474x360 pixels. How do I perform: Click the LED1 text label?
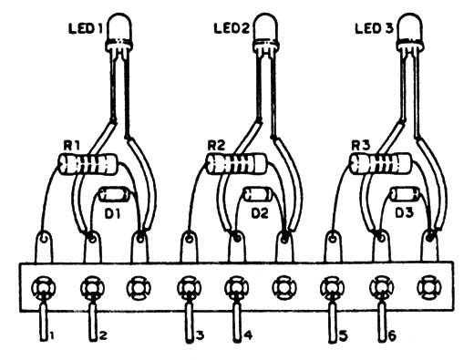(x=85, y=29)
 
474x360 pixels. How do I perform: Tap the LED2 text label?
(x=232, y=28)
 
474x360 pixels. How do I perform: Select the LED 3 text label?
(x=374, y=29)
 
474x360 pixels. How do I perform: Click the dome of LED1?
(x=119, y=26)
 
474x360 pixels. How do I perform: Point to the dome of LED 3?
(x=410, y=26)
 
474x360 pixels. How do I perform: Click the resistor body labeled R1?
(x=88, y=164)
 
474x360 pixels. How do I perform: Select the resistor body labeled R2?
(x=235, y=164)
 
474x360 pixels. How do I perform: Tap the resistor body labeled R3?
(x=379, y=164)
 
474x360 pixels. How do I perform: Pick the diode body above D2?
(x=259, y=194)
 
